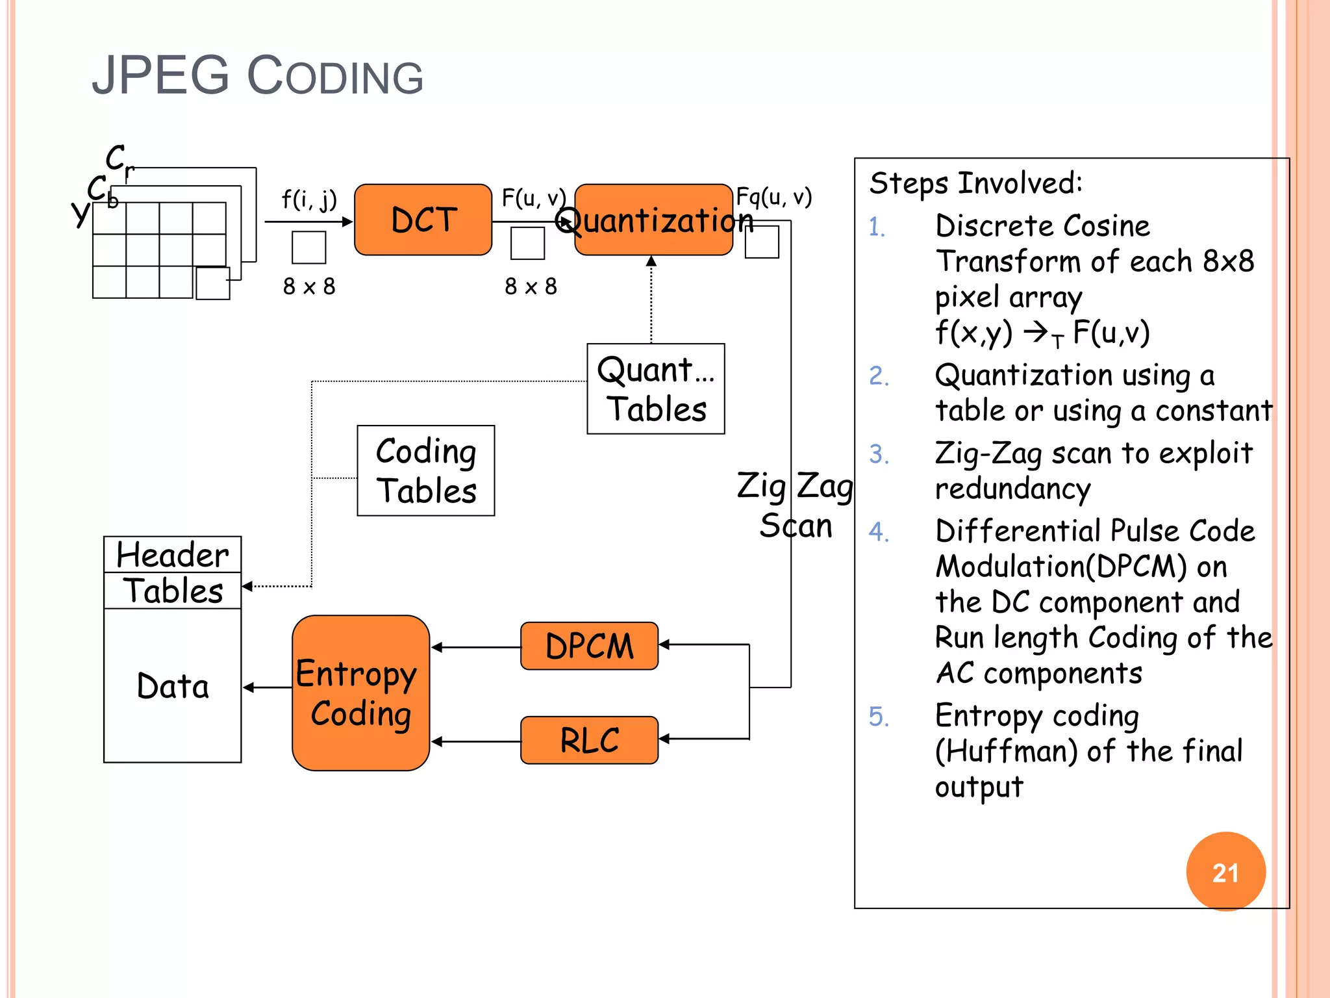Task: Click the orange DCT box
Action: [423, 220]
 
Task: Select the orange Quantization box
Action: [654, 220]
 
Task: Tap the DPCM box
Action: [589, 646]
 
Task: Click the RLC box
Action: [589, 740]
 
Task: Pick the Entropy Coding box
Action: [360, 693]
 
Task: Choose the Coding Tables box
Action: [425, 470]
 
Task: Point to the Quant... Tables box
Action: [655, 389]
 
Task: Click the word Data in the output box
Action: [173, 686]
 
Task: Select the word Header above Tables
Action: [172, 555]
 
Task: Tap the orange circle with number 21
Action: [1225, 872]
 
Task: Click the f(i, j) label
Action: [309, 199]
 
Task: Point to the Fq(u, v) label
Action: [773, 196]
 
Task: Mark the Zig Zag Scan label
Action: [795, 505]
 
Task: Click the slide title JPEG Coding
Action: [257, 76]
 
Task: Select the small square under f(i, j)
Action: [308, 248]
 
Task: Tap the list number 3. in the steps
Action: [879, 454]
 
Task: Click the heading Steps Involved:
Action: [975, 183]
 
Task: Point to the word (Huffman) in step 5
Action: [1006, 751]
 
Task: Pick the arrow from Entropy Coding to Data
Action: [267, 687]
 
